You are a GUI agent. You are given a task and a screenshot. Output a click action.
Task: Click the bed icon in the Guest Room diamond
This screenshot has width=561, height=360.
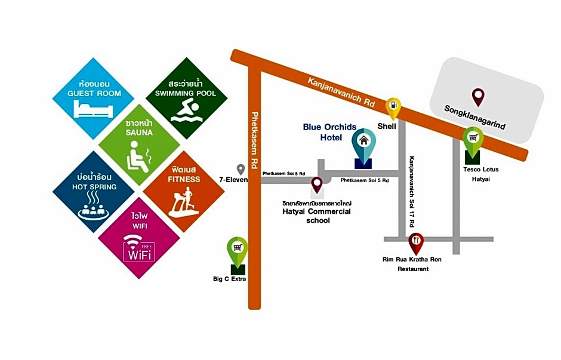tap(93, 109)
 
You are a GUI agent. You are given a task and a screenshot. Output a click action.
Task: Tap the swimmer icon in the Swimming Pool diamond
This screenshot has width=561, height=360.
tap(186, 111)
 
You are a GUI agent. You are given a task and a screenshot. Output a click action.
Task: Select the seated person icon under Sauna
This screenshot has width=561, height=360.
tap(139, 157)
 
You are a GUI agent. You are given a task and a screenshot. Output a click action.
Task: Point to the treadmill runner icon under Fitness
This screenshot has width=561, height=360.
tap(184, 202)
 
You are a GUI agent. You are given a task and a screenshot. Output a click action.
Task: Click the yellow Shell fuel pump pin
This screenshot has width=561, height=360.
tap(393, 108)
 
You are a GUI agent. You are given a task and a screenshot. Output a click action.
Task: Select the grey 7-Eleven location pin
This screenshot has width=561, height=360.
tap(241, 170)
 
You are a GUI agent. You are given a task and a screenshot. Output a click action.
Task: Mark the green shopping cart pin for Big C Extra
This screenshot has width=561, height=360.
tap(237, 252)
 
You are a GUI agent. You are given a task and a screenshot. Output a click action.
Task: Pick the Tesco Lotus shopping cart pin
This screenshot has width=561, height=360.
tap(473, 142)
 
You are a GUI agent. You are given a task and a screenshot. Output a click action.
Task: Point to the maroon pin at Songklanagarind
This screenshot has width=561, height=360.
tap(478, 97)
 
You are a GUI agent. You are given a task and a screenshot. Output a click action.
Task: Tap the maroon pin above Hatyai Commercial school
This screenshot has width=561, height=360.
tap(317, 185)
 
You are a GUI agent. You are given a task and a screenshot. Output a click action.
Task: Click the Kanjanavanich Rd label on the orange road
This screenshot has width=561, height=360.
tap(341, 92)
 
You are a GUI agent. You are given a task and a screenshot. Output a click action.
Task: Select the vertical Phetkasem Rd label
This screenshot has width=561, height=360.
tap(254, 140)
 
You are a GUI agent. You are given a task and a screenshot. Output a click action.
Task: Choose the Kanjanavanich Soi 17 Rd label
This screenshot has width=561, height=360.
tap(412, 192)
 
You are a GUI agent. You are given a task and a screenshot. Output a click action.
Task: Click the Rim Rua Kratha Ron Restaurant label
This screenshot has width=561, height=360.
tap(412, 264)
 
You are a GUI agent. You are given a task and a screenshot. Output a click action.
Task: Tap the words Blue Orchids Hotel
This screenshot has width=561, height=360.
tap(329, 132)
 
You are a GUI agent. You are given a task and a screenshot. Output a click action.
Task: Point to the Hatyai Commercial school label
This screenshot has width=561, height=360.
tap(317, 216)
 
